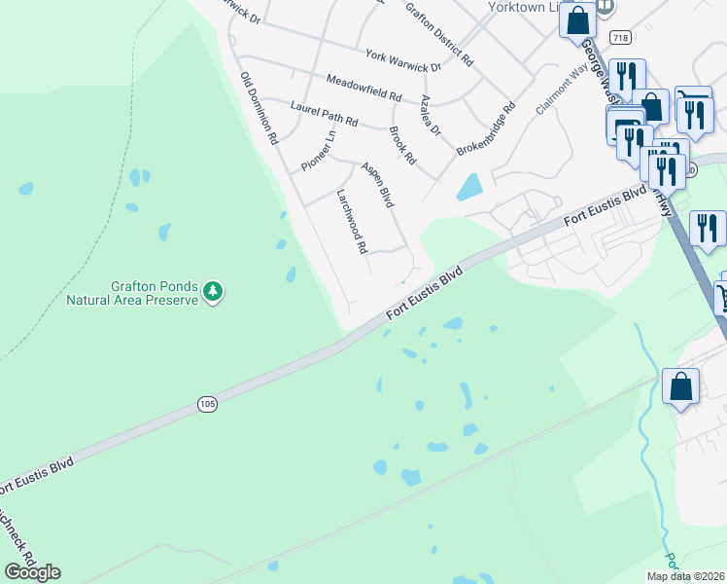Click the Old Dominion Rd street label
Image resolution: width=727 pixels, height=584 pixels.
[x=260, y=106]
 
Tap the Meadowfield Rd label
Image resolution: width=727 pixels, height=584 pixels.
[x=363, y=89]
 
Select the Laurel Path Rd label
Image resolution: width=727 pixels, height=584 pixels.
[x=324, y=113]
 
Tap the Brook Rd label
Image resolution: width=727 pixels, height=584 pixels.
[x=401, y=144]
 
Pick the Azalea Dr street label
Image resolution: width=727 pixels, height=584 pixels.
[x=431, y=116]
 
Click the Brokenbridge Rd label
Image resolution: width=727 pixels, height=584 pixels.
[x=485, y=131]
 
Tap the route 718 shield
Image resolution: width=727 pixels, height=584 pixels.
[x=618, y=37]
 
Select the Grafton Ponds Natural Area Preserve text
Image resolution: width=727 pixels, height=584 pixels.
[x=132, y=294]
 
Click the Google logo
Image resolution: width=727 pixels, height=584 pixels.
[x=32, y=571]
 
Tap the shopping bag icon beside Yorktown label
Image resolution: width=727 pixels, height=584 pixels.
[x=577, y=19]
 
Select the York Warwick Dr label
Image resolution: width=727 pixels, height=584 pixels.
[x=402, y=61]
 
